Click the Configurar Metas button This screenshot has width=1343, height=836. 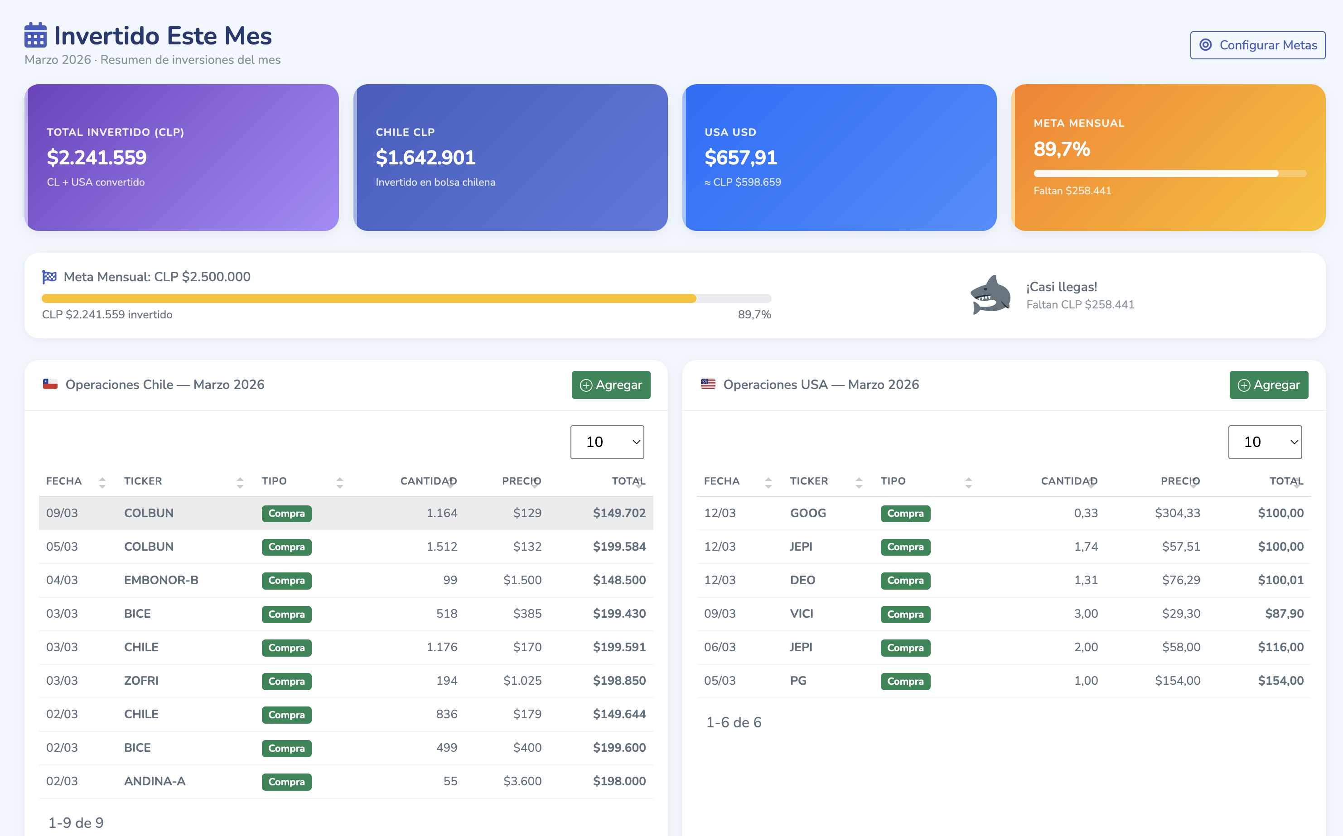click(1257, 45)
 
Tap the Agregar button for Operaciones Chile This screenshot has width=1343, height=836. click(611, 385)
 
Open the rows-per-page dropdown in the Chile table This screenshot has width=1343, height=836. click(607, 442)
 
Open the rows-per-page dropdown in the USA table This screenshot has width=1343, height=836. click(1265, 442)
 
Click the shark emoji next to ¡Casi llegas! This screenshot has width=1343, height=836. click(990, 295)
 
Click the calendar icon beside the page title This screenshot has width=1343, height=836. click(35, 35)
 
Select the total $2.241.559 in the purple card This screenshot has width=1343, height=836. click(97, 158)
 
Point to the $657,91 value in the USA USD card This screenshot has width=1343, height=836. click(741, 158)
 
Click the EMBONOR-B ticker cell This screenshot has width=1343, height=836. click(161, 580)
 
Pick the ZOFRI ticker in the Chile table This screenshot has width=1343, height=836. click(141, 681)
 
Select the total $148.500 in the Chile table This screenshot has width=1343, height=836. click(619, 580)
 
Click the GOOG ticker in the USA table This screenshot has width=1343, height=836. click(807, 513)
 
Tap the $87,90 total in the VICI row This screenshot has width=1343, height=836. click(1284, 614)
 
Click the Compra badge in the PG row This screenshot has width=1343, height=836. click(905, 681)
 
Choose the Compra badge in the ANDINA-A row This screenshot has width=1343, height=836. click(286, 782)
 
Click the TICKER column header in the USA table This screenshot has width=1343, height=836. click(809, 481)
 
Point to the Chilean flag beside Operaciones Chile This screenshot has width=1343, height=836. click(50, 384)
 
